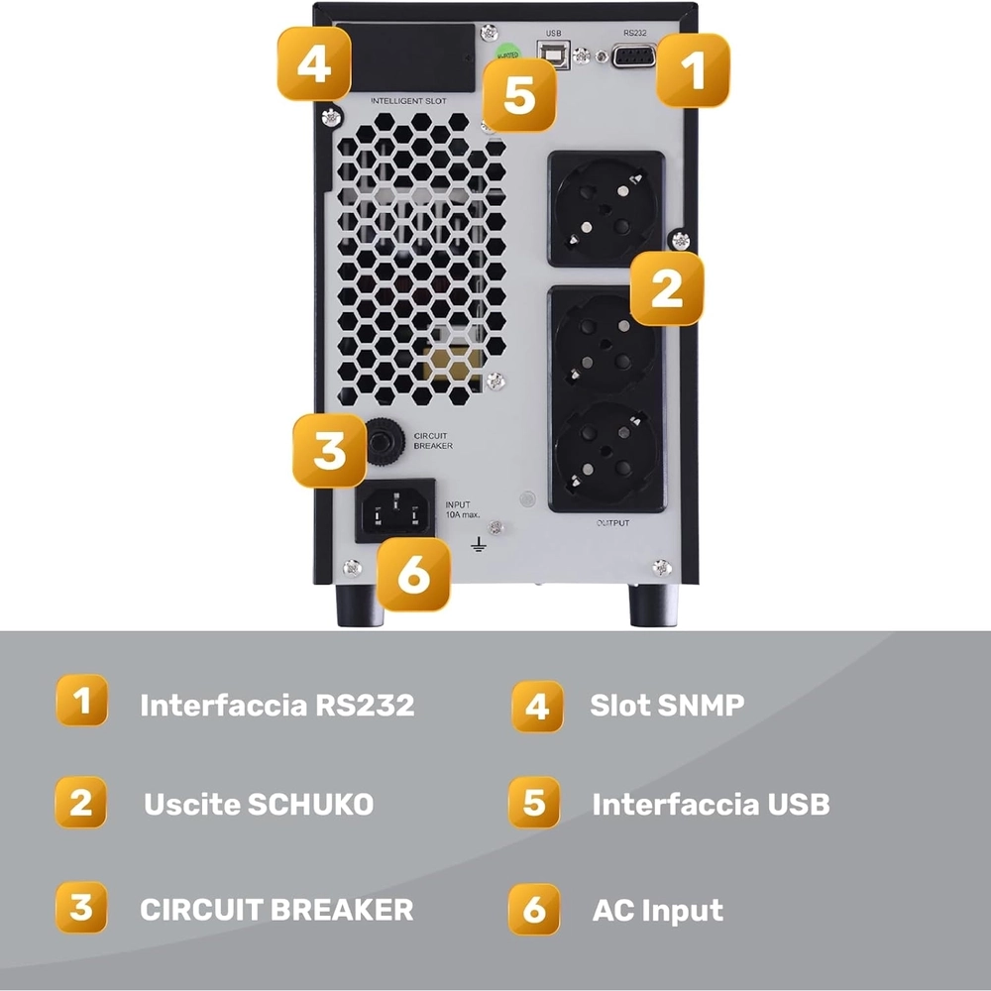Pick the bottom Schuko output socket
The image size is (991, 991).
tap(606, 457)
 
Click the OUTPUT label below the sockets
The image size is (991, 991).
tap(611, 522)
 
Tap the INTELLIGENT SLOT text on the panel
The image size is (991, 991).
tap(408, 101)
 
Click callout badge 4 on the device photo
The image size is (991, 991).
tap(314, 64)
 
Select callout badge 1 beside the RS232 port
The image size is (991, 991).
tap(693, 70)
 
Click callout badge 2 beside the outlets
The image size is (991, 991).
tap(667, 288)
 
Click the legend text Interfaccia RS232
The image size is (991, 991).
tap(276, 706)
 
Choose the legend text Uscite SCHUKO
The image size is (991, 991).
tap(259, 804)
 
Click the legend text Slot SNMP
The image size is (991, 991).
tap(667, 705)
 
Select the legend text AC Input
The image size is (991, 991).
tap(658, 910)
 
